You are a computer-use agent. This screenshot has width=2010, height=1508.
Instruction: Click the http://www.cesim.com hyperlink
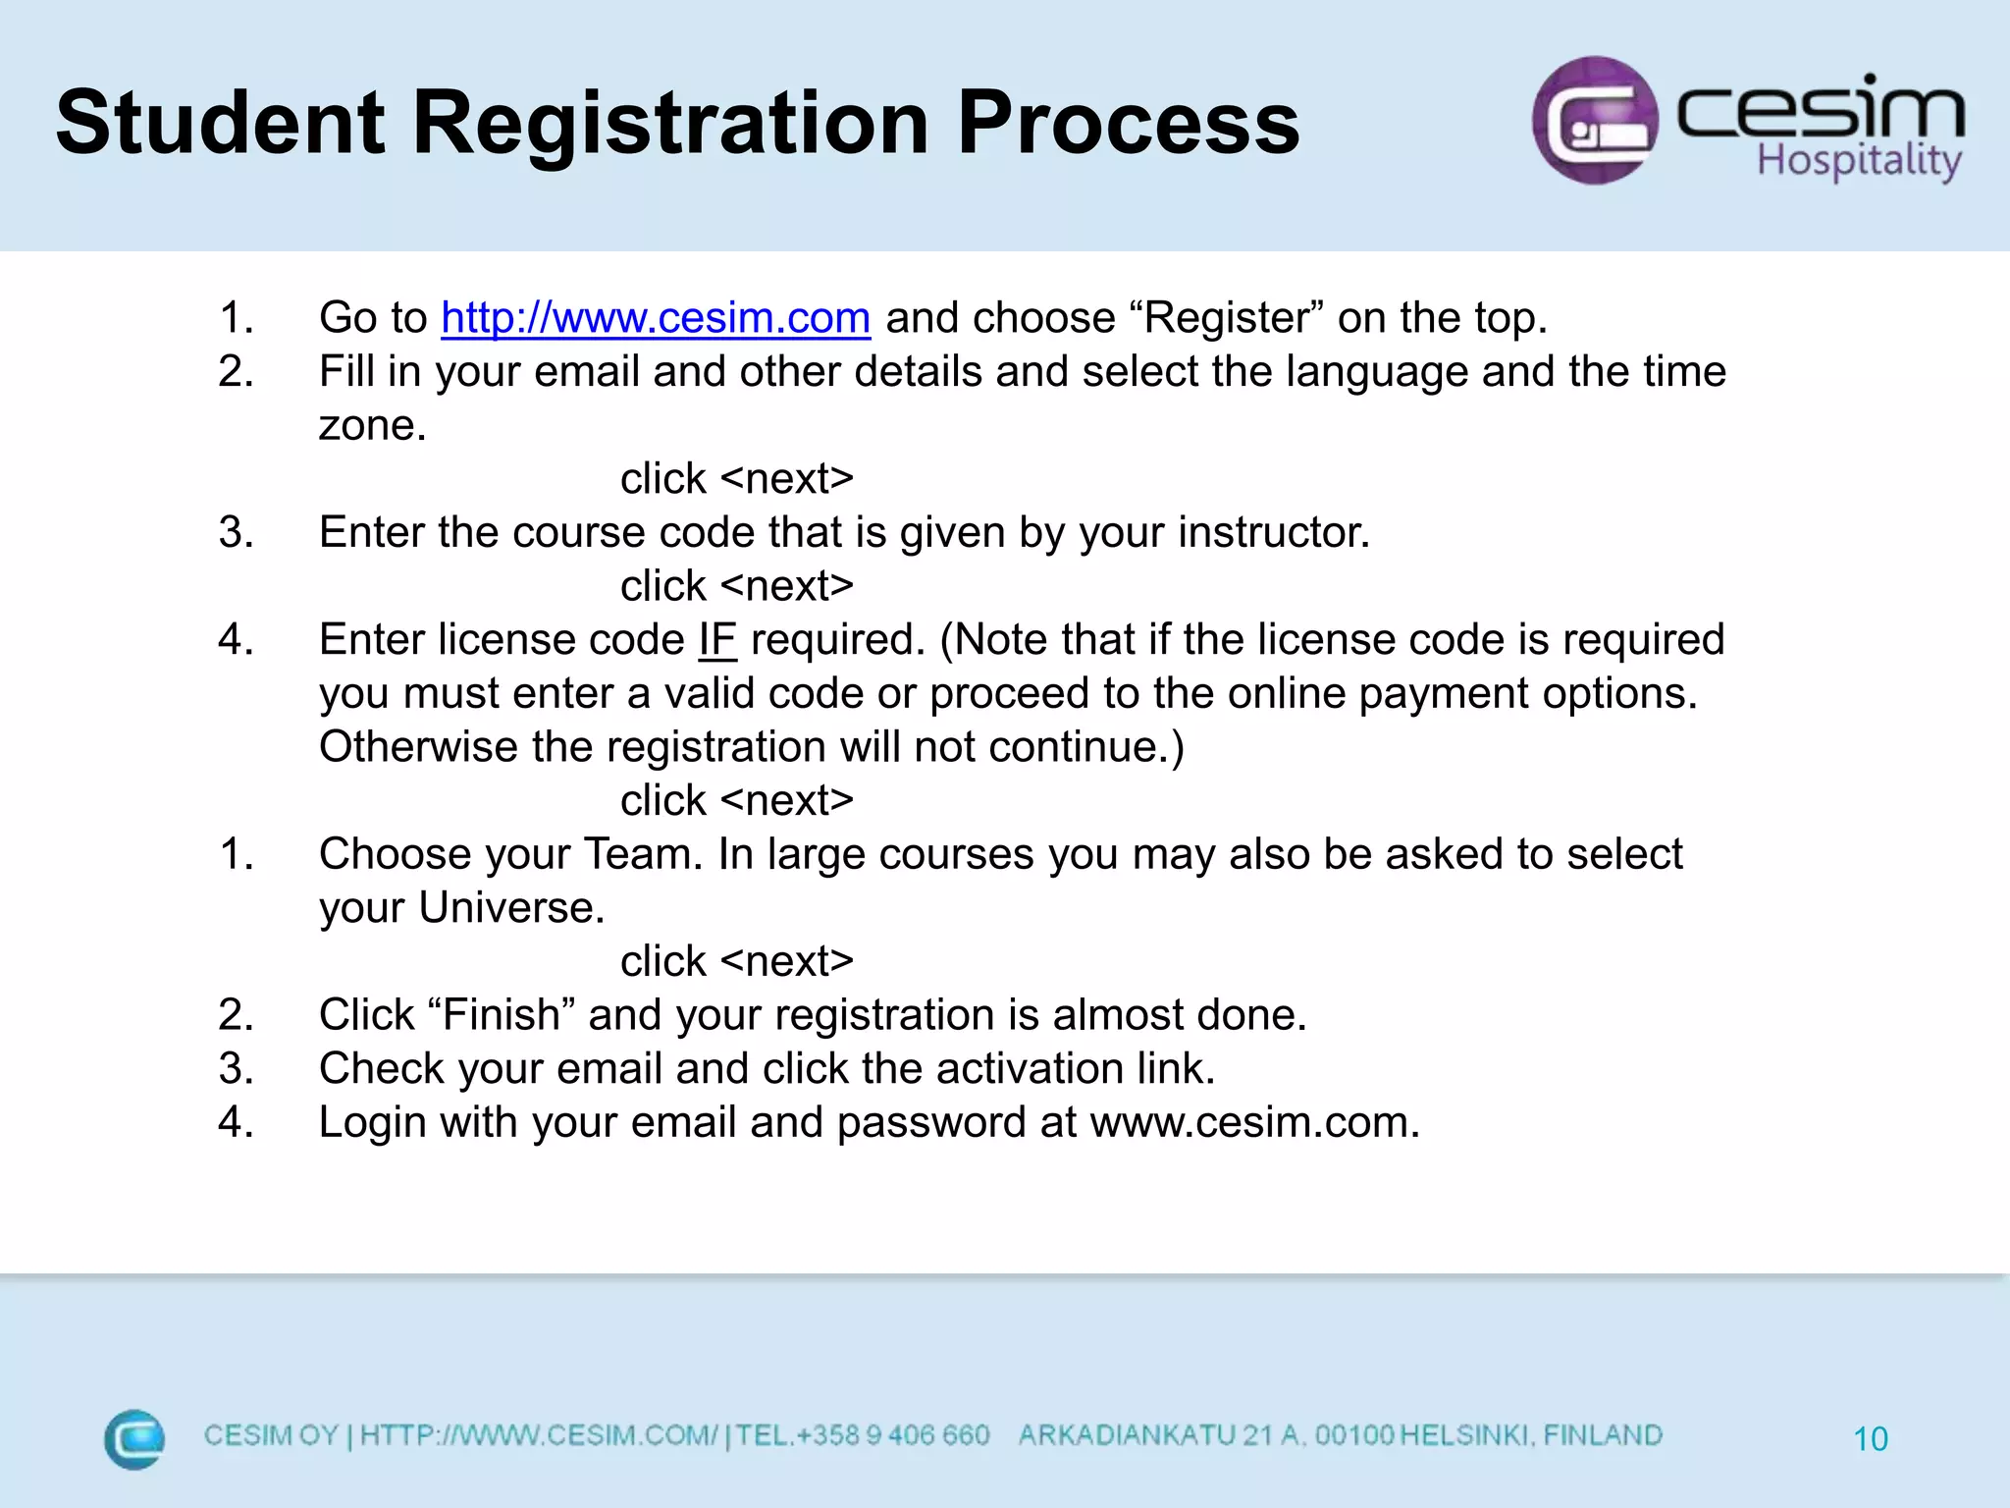point(656,318)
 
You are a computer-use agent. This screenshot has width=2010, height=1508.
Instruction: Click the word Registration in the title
point(670,124)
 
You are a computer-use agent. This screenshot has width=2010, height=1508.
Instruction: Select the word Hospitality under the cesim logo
point(1859,160)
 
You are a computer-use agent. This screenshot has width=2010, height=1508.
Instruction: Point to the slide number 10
point(1870,1439)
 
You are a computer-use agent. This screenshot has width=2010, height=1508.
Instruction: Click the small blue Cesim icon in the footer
point(134,1439)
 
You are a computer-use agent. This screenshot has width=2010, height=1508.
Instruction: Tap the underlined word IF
point(716,640)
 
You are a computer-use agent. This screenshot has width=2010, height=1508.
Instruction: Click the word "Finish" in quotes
point(502,1015)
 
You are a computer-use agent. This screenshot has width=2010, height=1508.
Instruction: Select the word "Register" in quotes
point(1227,318)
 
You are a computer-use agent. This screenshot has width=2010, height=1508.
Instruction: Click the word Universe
point(510,908)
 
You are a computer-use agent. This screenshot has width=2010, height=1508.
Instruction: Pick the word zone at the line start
point(371,426)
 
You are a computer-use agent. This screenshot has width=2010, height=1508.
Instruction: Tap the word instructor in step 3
point(1273,533)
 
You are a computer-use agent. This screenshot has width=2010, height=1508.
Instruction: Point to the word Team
point(643,854)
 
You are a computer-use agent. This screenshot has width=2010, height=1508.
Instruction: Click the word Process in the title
point(1128,124)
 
